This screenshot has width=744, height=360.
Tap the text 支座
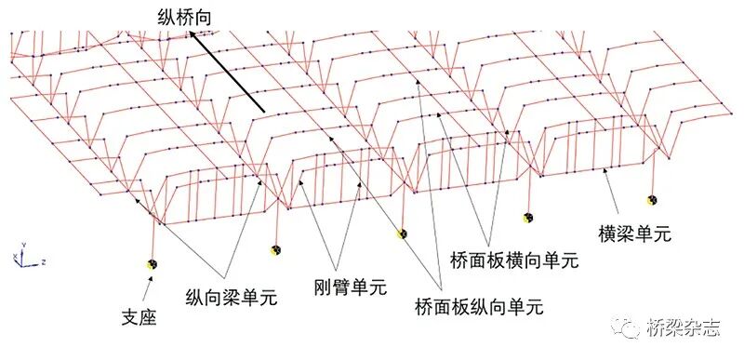coord(139,316)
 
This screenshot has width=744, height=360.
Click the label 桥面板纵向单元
coord(478,306)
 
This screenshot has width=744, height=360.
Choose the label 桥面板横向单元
coord(513,260)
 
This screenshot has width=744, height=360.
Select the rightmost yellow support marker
coord(653,199)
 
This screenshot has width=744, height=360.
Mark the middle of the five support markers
coord(402,233)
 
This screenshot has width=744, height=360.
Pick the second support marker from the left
coord(276,248)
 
